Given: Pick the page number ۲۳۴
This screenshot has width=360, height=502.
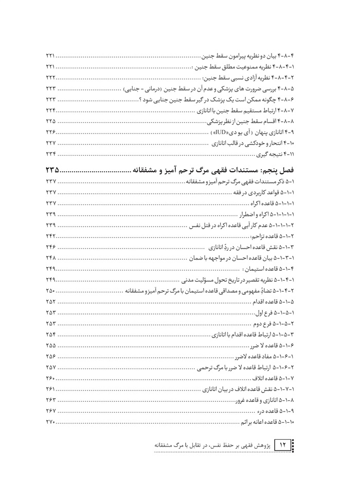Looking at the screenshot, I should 50,154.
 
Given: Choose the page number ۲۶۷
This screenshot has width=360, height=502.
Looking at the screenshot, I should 50,411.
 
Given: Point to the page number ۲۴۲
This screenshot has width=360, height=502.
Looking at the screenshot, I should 50,236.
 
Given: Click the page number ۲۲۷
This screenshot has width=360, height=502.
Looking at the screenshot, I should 50,143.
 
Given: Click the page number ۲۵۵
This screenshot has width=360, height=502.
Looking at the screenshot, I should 50,344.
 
